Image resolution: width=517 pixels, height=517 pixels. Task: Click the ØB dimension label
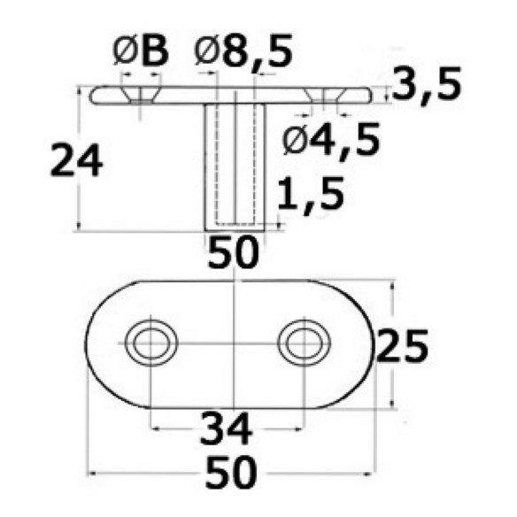pyautogui.click(x=141, y=51)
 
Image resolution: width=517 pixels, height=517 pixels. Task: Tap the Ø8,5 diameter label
pyautogui.click(x=243, y=51)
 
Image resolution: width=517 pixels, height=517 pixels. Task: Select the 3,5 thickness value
pyautogui.click(x=427, y=85)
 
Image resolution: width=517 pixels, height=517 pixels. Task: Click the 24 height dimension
pyautogui.click(x=76, y=160)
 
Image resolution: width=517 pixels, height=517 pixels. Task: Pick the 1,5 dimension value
pyautogui.click(x=311, y=196)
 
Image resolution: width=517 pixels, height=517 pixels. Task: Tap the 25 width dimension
pyautogui.click(x=402, y=345)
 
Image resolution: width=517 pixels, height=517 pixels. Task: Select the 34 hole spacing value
pyautogui.click(x=227, y=429)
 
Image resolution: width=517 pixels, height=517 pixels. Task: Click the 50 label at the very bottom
pyautogui.click(x=231, y=472)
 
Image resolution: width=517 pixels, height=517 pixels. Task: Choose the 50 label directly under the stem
pyautogui.click(x=233, y=251)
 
